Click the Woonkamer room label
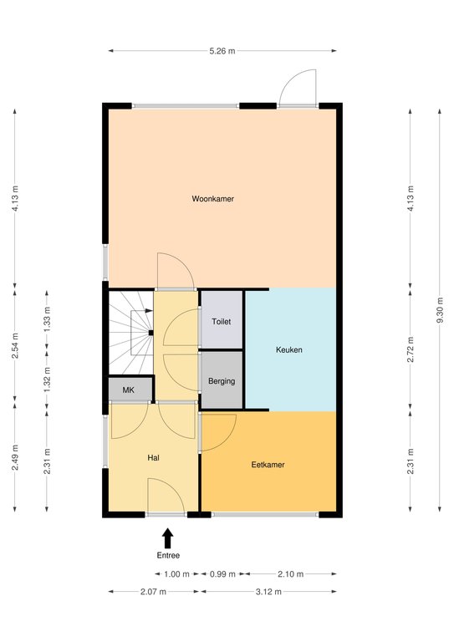coord(213,199)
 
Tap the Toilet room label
coord(221,321)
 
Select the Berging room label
coord(222,381)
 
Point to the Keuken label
coord(289,349)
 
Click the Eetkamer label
coord(268,465)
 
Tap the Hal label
coord(154,458)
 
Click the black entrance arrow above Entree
coord(167,538)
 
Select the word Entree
coord(168,556)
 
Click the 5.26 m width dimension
coord(222,51)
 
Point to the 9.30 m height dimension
coord(440,310)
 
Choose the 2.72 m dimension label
coord(411,349)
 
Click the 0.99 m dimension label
coord(222,574)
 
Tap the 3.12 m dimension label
coord(268,592)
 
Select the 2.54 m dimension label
coord(15,345)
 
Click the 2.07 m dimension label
coord(154,592)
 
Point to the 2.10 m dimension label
coord(291,574)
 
